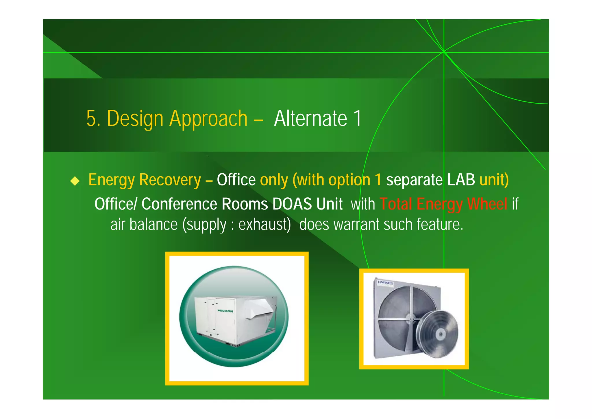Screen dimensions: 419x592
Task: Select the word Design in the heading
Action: [x=135, y=119]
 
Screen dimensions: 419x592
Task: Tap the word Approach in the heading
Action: [x=208, y=119]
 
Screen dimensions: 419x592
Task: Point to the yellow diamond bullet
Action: [x=75, y=181]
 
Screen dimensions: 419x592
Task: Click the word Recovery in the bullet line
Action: [x=170, y=180]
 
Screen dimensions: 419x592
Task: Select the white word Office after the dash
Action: [x=236, y=180]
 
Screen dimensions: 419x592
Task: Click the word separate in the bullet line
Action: [x=414, y=180]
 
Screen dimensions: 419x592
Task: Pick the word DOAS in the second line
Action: [x=292, y=204]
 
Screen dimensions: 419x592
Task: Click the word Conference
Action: [x=179, y=204]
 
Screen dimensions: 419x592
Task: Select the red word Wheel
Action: [x=487, y=204]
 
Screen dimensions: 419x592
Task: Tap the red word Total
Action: [x=396, y=204]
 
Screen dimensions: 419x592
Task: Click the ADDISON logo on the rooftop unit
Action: [x=225, y=311]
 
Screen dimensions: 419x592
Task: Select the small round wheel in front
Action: [x=438, y=334]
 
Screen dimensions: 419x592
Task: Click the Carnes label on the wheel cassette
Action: [x=385, y=282]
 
